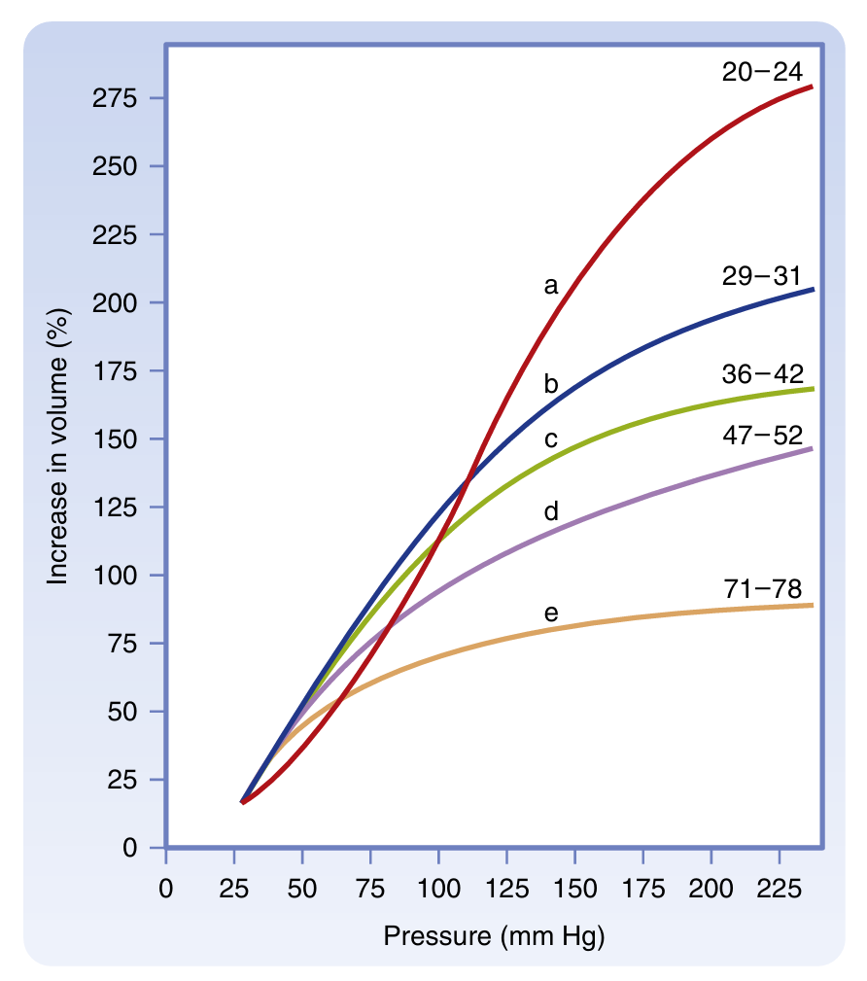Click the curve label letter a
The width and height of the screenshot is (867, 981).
coord(551,286)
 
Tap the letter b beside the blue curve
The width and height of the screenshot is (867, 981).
coord(551,384)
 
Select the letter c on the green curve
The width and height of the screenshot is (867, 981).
coord(551,439)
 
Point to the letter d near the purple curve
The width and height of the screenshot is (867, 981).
coord(551,510)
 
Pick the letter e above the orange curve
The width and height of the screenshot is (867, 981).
coord(551,613)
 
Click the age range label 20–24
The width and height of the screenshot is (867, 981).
coord(761,71)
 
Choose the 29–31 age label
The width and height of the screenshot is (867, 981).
coord(761,275)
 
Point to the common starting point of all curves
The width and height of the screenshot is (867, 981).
coord(242,802)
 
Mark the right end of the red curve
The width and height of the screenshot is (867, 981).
coord(812,87)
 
